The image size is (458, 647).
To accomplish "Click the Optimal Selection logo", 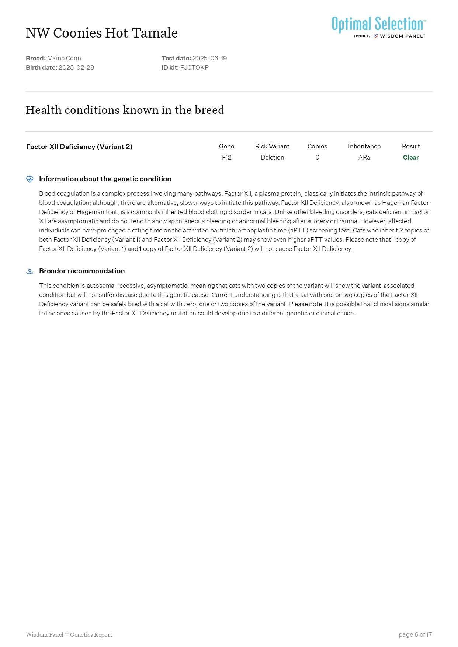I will [x=378, y=27].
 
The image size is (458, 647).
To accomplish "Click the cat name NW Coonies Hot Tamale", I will [x=102, y=33].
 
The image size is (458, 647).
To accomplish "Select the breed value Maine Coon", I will [x=64, y=58].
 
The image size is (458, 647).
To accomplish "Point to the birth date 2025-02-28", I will [x=76, y=67].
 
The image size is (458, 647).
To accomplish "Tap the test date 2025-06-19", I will [x=209, y=58].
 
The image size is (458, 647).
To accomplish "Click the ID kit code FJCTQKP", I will [x=194, y=67].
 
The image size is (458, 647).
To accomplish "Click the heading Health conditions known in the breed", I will [x=125, y=110].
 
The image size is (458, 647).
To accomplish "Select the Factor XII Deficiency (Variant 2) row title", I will [x=79, y=147].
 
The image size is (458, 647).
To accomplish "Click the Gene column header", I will [x=226, y=146].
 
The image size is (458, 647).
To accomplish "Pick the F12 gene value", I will [x=226, y=157].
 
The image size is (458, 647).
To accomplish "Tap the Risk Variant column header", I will [x=272, y=146].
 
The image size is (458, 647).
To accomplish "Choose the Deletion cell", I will [x=272, y=157].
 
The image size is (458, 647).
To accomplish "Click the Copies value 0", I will [x=317, y=157].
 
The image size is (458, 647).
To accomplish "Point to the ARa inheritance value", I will [x=364, y=157].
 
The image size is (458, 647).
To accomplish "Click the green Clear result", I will [x=411, y=157].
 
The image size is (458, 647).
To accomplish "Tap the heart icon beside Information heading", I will [x=30, y=179].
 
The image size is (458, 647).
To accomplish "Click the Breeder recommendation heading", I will [x=82, y=271].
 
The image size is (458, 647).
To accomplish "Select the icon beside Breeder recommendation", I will [x=30, y=272].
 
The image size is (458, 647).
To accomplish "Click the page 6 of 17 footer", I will [x=415, y=634].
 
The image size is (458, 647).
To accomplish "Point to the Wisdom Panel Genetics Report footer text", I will [x=69, y=634].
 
